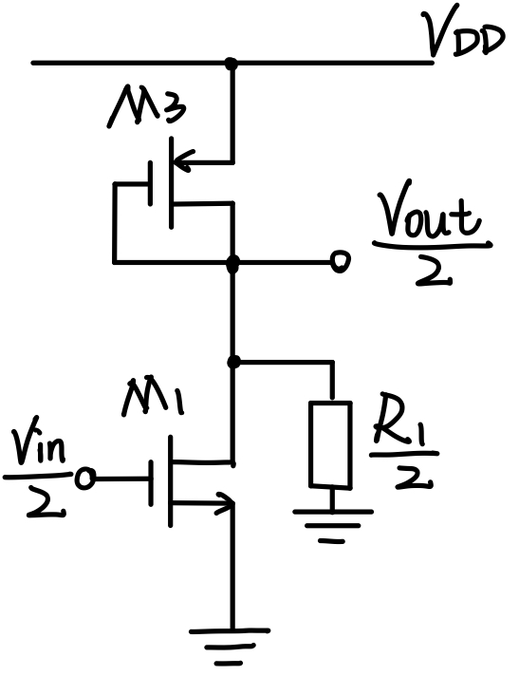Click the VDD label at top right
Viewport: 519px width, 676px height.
[x=466, y=41]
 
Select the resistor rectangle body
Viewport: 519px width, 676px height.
[x=331, y=444]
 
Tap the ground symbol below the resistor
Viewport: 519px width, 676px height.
[x=332, y=525]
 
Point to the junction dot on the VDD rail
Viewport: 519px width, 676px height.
[x=232, y=64]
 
